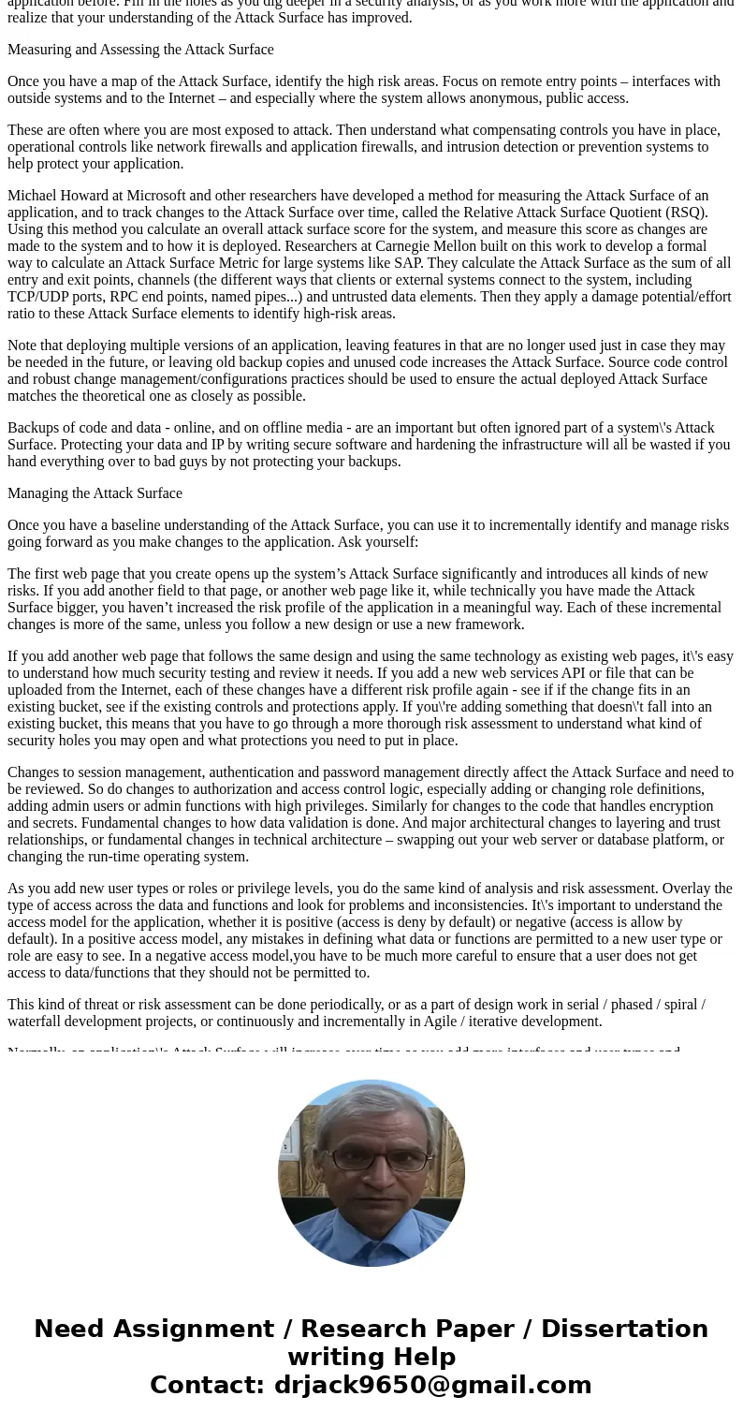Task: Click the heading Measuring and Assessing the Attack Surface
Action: click(140, 50)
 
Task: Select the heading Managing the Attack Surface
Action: click(95, 493)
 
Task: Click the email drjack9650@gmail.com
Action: click(432, 1385)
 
